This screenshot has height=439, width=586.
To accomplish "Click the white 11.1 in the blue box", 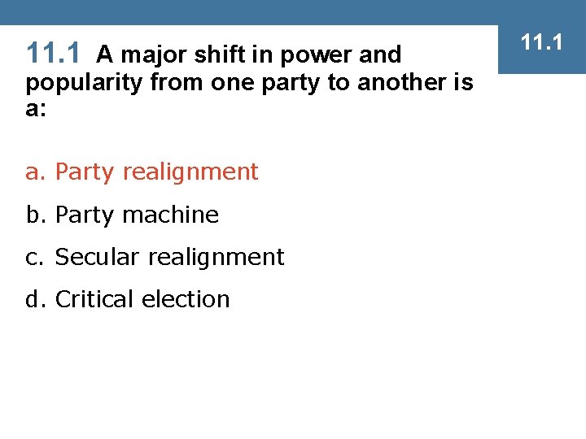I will (x=542, y=41).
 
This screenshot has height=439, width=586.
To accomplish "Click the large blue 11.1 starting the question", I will (x=54, y=54).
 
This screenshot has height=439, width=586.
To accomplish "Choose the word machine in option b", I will (x=172, y=215).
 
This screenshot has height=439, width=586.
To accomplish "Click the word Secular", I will (x=90, y=257).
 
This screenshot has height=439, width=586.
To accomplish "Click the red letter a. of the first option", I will (x=37, y=172).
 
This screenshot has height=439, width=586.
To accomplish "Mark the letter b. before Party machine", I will (x=37, y=215).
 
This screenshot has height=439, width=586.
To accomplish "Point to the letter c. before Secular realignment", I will (x=37, y=257).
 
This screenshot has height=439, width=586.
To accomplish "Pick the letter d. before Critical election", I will (x=37, y=299).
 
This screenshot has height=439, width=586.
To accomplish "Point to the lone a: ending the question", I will (x=36, y=109).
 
